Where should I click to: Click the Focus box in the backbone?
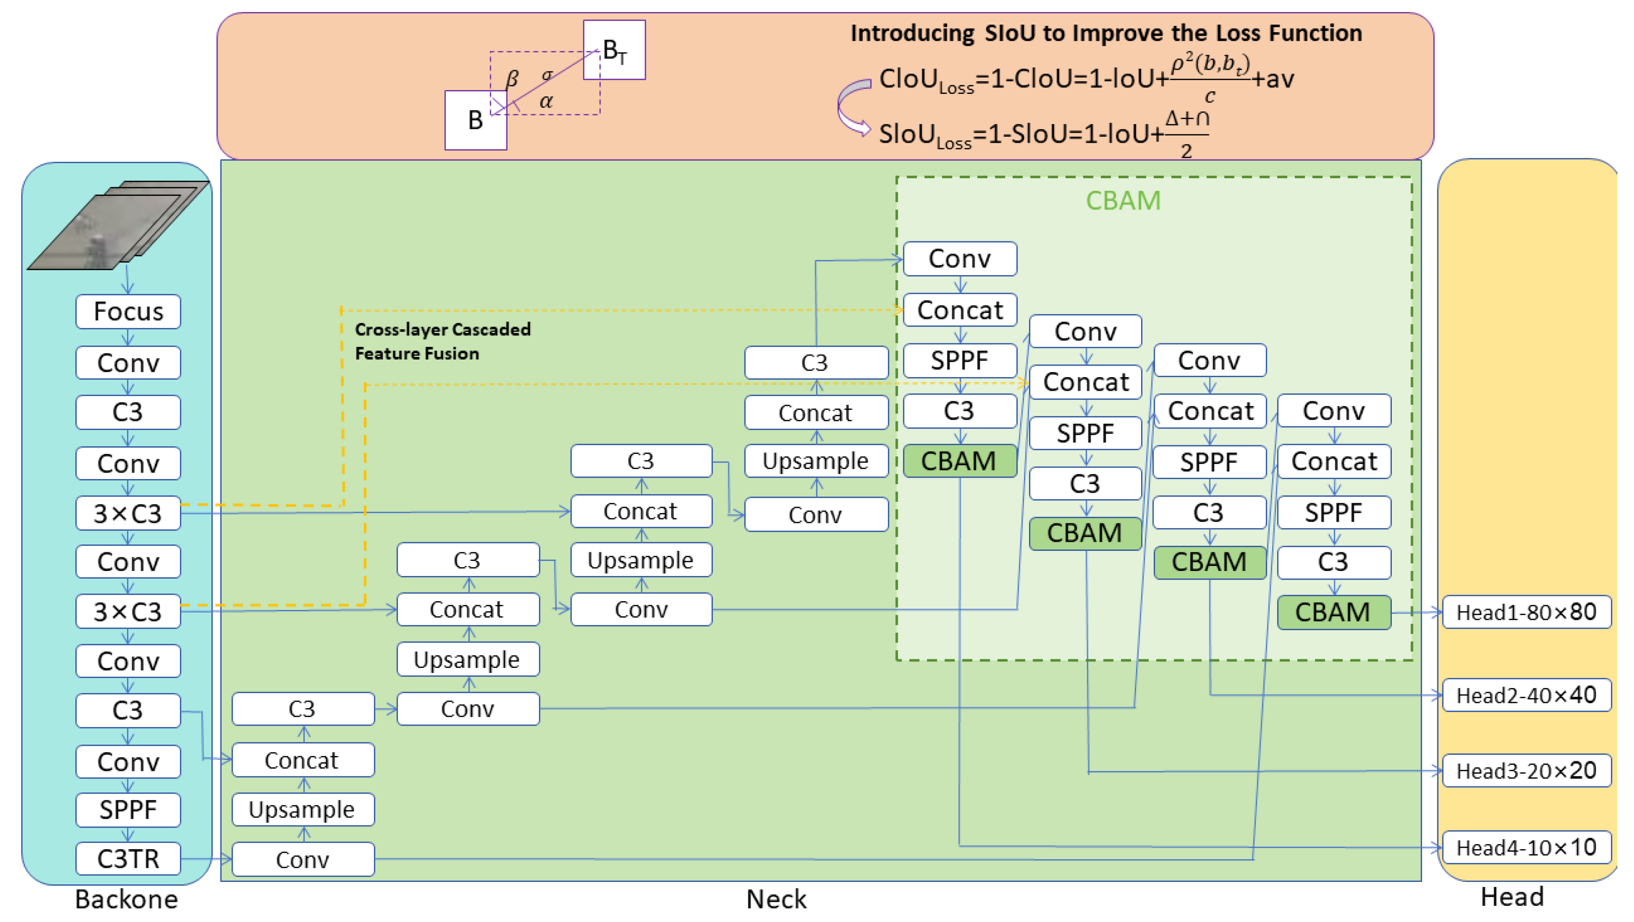pos(128,311)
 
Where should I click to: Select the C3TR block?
pos(128,859)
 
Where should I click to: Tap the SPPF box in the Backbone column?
pos(128,809)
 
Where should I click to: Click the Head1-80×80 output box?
pos(1525,612)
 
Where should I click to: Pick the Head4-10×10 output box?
pos(1525,847)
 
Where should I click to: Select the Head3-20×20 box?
pos(1525,770)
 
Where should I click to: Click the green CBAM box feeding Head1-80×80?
pos(1333,612)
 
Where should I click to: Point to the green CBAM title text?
pos(1122,200)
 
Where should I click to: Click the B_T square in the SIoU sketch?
pos(614,49)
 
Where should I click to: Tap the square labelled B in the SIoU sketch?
pos(475,120)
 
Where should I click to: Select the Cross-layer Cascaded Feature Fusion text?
pos(442,341)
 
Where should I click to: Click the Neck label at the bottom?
pos(776,898)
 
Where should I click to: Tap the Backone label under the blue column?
pos(126,898)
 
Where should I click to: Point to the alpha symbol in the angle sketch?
pos(546,101)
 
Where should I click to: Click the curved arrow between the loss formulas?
pos(853,106)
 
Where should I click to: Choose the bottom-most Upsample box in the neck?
pos(302,809)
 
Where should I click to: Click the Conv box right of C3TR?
pos(302,859)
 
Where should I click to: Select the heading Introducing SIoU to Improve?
pos(1105,33)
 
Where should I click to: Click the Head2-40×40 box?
pos(1525,695)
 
